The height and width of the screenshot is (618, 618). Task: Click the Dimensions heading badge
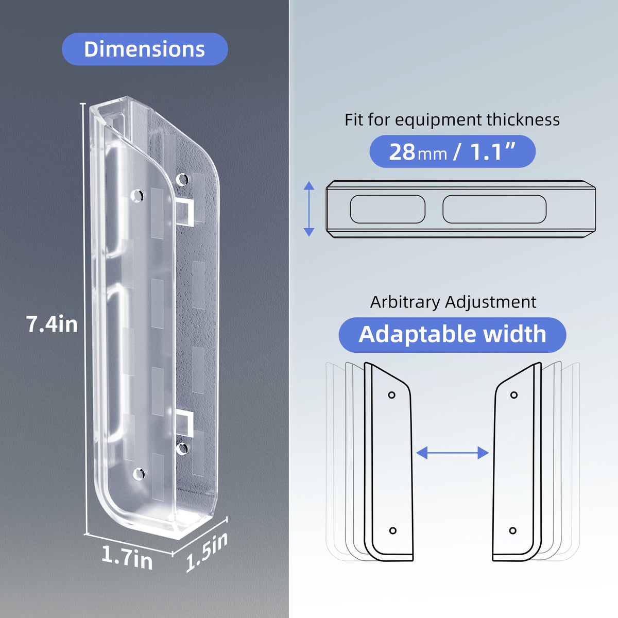click(145, 49)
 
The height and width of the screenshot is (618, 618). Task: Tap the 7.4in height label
click(51, 324)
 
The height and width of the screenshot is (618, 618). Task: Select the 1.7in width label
click(127, 557)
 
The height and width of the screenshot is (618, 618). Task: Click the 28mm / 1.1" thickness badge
click(452, 151)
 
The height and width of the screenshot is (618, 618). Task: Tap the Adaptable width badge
click(452, 335)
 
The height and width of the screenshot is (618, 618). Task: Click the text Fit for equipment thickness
click(452, 120)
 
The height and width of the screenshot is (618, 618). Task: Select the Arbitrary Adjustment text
click(453, 302)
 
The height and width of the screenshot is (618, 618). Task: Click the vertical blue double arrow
click(309, 209)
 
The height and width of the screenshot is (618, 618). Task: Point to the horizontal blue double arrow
click(452, 453)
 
